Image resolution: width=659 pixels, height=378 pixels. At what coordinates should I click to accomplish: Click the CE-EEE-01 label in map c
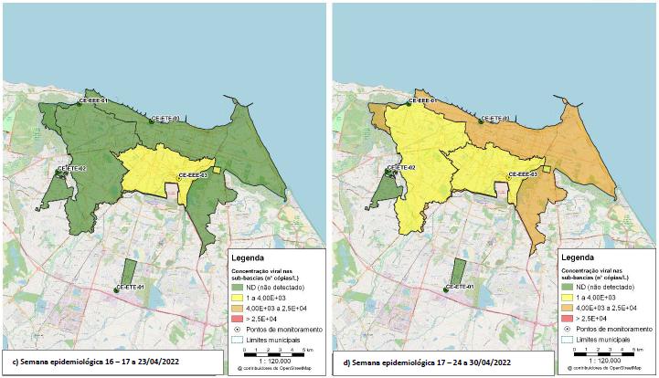(x=94, y=100)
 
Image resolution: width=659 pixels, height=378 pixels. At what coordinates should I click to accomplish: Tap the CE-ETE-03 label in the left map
(x=165, y=119)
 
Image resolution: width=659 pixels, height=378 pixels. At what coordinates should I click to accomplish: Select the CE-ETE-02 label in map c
(x=71, y=169)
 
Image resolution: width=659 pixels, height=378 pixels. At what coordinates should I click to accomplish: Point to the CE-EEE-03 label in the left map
(x=193, y=173)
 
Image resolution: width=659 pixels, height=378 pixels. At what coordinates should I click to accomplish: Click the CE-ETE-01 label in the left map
(x=130, y=289)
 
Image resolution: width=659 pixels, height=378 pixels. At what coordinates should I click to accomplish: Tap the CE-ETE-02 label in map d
(x=401, y=169)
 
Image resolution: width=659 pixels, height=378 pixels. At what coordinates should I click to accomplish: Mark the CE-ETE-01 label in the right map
(x=460, y=289)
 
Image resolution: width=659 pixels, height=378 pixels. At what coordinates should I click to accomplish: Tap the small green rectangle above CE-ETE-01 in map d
(x=461, y=271)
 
